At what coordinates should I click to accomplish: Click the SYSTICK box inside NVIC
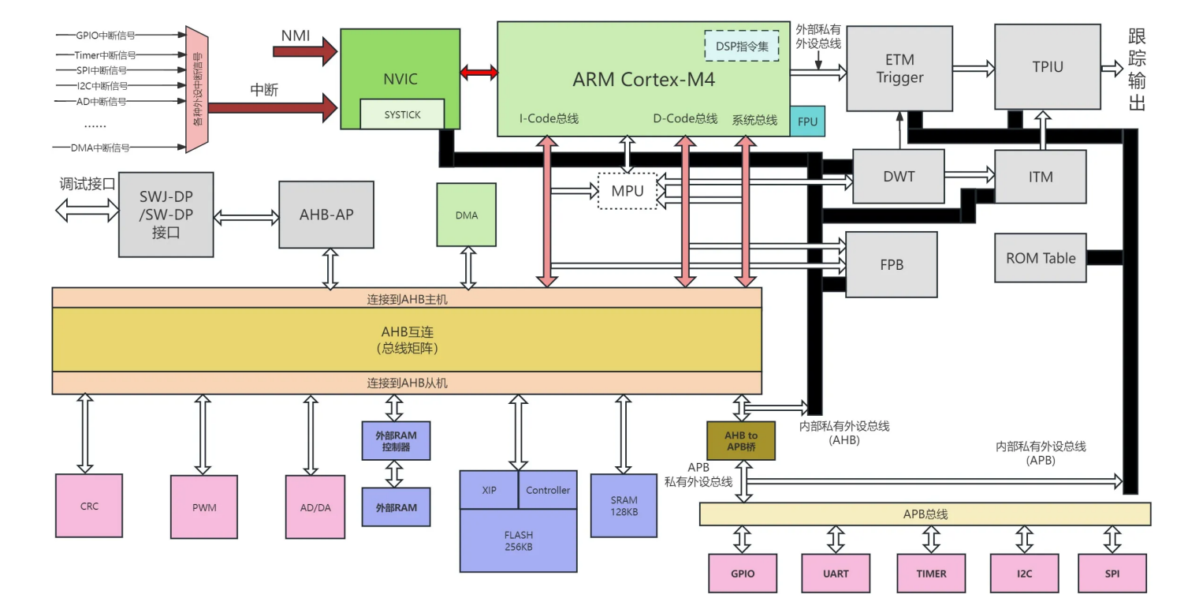pos(402,114)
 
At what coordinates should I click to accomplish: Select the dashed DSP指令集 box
pos(741,46)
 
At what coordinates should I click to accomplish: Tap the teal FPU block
pos(807,121)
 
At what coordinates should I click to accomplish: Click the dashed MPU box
pos(628,191)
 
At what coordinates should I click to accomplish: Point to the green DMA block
pos(467,215)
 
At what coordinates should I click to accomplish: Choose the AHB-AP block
pos(326,214)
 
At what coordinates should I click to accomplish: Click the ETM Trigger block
pos(899,68)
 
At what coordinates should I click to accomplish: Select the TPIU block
pos(1047,67)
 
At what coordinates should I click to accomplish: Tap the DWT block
pos(899,177)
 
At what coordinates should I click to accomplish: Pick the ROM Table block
pos(1041,258)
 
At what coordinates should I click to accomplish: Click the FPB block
pos(892,264)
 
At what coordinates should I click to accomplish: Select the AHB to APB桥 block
pos(741,440)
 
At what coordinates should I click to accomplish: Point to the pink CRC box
pos(89,506)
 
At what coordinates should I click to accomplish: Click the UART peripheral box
pos(836,574)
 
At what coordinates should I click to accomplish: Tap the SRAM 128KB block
pos(624,506)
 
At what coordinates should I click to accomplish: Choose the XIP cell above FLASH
pos(489,490)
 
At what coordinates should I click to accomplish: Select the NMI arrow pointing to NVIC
pos(304,51)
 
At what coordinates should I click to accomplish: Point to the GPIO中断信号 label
pos(106,35)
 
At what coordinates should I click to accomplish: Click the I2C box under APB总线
pos(1024,574)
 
